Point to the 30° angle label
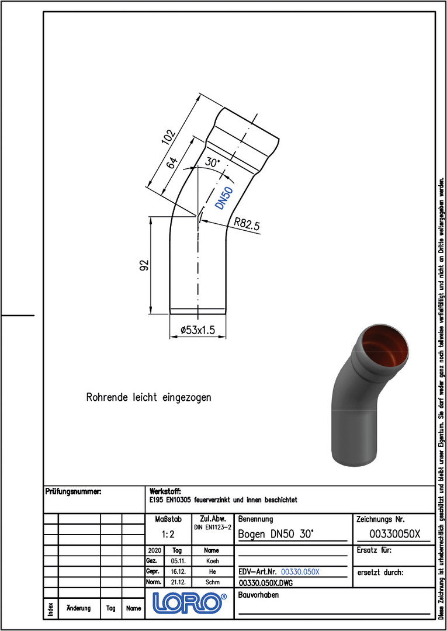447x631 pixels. click(213, 162)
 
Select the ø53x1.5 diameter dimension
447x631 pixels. click(198, 330)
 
